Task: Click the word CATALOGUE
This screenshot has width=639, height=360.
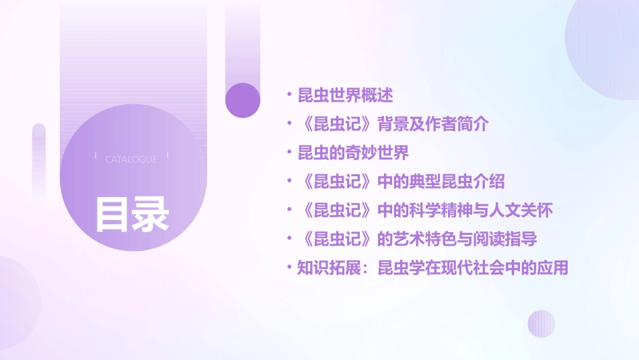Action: (131, 159)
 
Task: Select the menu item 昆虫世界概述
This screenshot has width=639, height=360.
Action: (345, 95)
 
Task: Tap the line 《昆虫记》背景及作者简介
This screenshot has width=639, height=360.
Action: (392, 124)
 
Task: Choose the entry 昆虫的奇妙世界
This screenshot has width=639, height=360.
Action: (353, 153)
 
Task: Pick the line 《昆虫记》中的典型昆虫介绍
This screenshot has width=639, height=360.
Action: (401, 182)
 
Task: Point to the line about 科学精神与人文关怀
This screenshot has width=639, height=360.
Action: (424, 211)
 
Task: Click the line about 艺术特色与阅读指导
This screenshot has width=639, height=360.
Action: (417, 239)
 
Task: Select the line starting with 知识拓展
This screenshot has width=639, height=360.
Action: (433, 268)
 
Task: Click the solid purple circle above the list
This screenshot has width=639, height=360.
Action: (243, 100)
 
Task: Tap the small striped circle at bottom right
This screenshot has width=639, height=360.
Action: (541, 324)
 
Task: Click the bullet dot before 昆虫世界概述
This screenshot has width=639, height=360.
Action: (289, 95)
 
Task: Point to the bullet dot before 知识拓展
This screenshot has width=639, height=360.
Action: (289, 268)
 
